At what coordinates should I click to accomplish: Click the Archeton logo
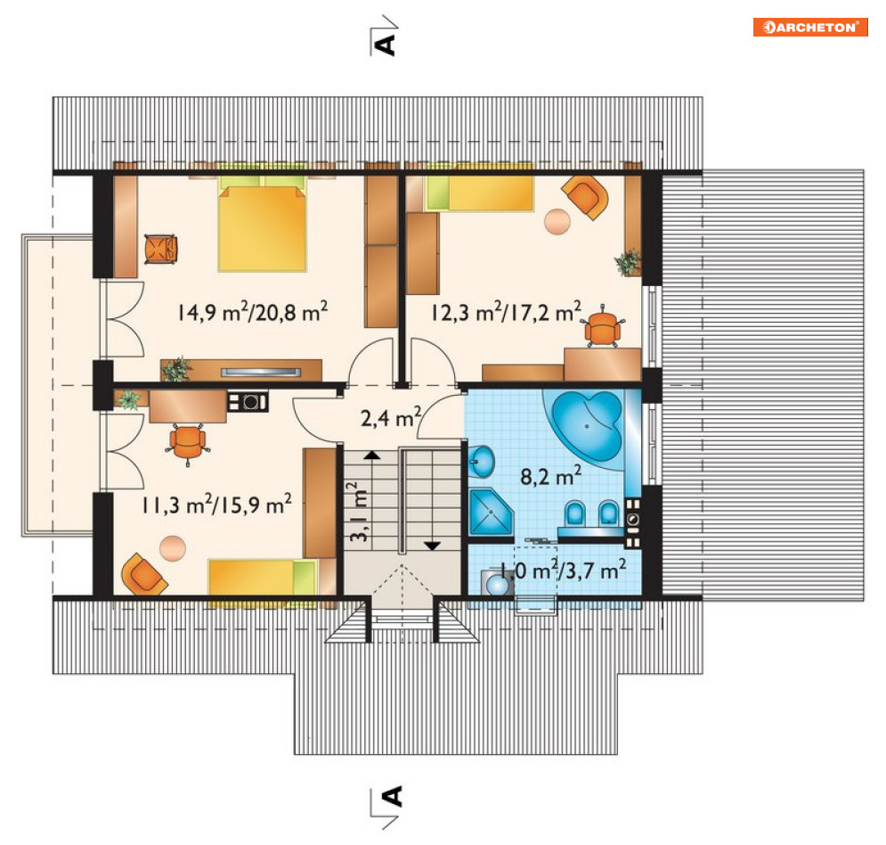coord(809,27)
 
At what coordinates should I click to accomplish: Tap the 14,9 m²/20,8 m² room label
coord(252,311)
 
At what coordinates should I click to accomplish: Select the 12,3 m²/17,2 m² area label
coord(506,311)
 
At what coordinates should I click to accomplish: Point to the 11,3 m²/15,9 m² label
coord(216,504)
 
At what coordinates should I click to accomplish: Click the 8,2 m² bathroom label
coord(550,476)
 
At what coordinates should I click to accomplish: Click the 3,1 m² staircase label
coord(358,512)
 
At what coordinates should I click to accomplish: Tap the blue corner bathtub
coord(587,426)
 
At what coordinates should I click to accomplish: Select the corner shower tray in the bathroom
coord(491,512)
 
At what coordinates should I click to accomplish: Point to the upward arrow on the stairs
coord(372,455)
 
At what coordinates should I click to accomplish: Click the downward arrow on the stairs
coord(432,546)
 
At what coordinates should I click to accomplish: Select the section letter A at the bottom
coord(391,796)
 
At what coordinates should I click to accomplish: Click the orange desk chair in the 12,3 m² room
coord(602,327)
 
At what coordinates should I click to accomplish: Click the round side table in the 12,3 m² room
coord(557,221)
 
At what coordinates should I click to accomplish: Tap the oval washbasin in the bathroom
coord(481,461)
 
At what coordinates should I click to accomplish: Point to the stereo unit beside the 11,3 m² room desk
coord(248,402)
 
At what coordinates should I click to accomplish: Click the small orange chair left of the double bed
coord(160,249)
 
